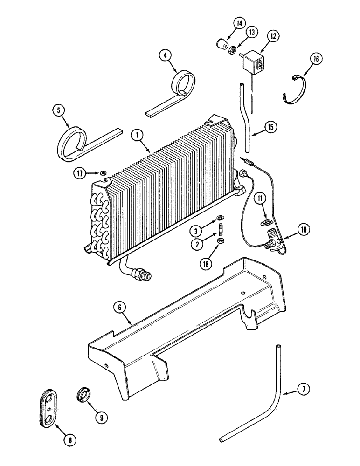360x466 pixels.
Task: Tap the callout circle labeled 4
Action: (164, 55)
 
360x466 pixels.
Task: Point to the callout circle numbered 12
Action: (273, 36)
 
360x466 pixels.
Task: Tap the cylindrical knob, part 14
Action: (220, 45)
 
